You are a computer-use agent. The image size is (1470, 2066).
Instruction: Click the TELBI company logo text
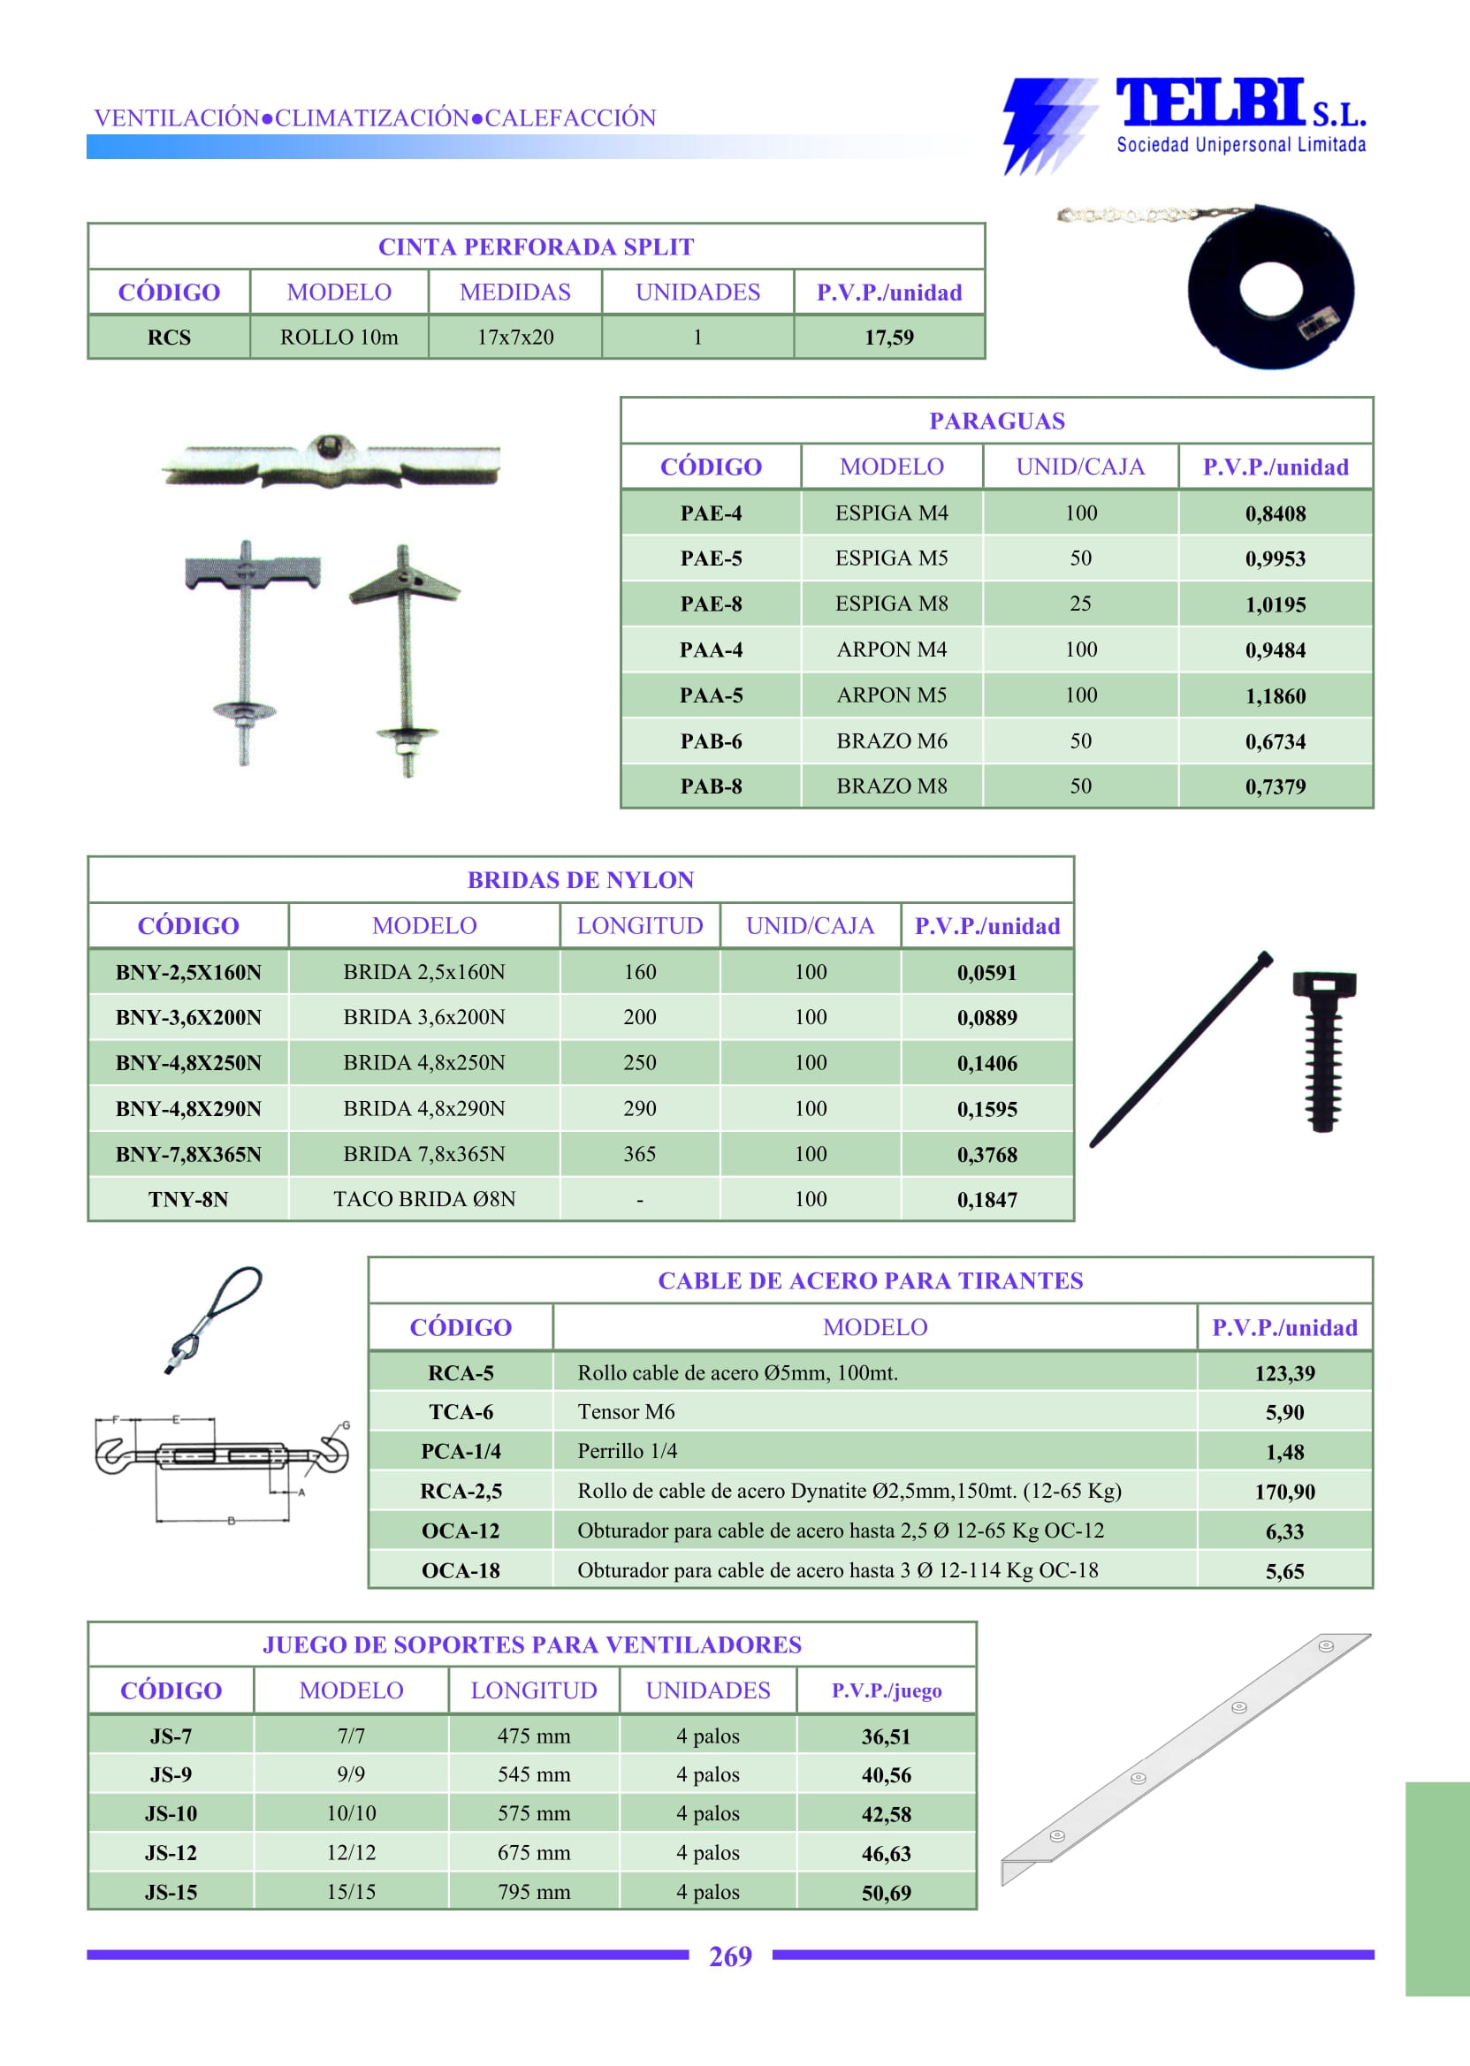click(x=1211, y=103)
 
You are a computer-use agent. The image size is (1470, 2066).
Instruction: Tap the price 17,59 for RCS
click(x=888, y=338)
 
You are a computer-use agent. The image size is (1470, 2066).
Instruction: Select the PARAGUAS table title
click(x=995, y=421)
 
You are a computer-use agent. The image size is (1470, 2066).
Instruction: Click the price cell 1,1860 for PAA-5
click(x=1275, y=696)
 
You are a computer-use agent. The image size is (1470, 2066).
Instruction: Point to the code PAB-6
click(x=711, y=741)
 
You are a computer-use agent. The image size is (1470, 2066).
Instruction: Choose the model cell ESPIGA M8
click(x=891, y=604)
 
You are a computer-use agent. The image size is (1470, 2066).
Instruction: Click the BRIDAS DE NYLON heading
click(x=580, y=879)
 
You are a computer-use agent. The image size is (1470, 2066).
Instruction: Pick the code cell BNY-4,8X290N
click(x=188, y=1109)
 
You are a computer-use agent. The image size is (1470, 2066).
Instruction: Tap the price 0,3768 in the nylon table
click(x=986, y=1155)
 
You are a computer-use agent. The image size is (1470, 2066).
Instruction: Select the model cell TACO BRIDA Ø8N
click(x=423, y=1199)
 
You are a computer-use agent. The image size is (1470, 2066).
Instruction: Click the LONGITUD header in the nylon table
click(x=639, y=926)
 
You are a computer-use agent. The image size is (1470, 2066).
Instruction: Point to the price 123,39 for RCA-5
click(x=1283, y=1374)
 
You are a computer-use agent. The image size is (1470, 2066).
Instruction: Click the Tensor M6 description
click(x=626, y=1412)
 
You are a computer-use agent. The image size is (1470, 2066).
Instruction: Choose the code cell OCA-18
click(x=460, y=1571)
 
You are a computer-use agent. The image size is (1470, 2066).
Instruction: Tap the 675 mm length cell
click(x=533, y=1852)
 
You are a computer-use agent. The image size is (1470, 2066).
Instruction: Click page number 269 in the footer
click(x=729, y=1956)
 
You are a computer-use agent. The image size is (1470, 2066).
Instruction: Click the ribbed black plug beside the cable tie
click(x=1323, y=1050)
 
